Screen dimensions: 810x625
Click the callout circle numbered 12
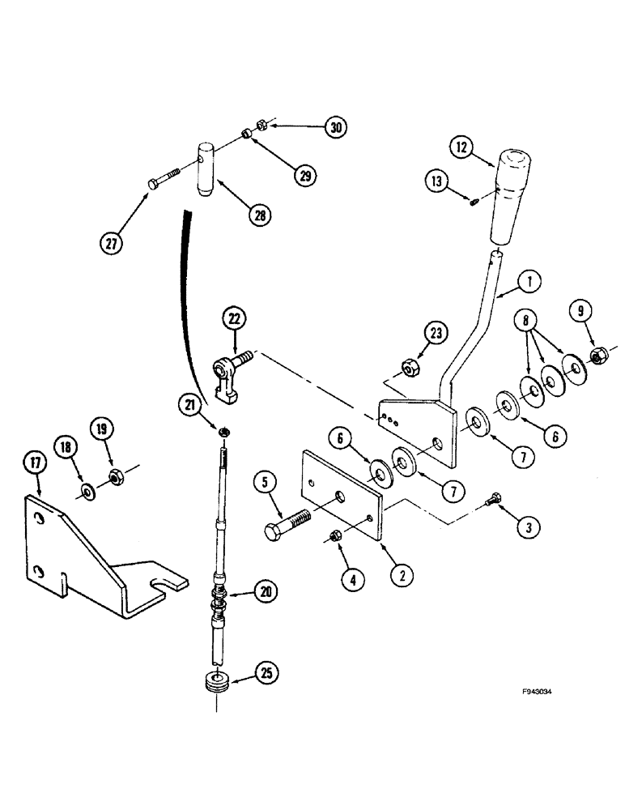pos(462,149)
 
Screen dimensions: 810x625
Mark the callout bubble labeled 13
pos(438,182)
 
